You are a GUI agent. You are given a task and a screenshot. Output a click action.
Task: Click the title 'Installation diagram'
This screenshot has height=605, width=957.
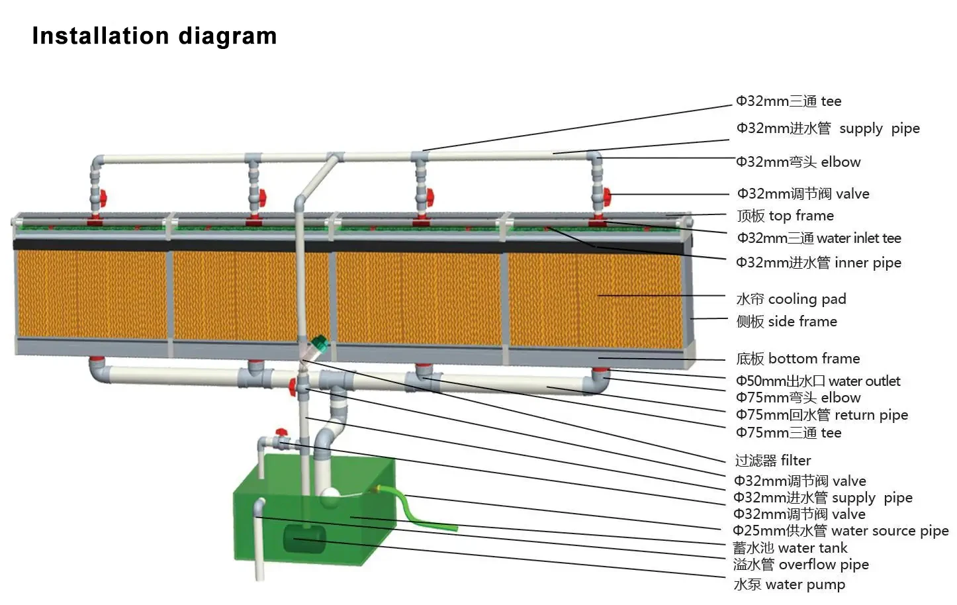pyautogui.click(x=154, y=36)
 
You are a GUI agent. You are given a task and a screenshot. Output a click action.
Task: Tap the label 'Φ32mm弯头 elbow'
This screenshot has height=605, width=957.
pyautogui.click(x=798, y=162)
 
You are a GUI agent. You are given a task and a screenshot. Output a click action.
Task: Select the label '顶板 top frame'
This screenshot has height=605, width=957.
pyautogui.click(x=785, y=216)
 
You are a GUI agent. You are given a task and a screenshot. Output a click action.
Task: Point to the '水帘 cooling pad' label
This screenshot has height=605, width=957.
pyautogui.click(x=791, y=299)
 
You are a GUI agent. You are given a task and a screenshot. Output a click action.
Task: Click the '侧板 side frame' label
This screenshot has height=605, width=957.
pyautogui.click(x=786, y=322)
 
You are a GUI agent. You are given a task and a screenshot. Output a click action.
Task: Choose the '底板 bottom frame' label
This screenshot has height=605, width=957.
pyautogui.click(x=797, y=359)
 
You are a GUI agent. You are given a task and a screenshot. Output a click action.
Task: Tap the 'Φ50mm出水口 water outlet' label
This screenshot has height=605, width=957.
pyautogui.click(x=818, y=381)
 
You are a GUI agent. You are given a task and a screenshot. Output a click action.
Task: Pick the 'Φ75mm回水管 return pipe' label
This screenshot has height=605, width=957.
pyautogui.click(x=821, y=415)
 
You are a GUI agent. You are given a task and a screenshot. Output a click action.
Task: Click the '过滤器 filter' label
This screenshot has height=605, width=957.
pyautogui.click(x=772, y=461)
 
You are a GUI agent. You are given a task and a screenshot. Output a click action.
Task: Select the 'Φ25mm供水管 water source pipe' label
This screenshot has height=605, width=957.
pyautogui.click(x=841, y=531)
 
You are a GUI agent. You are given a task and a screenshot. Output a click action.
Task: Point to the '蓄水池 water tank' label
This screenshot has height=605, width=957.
pyautogui.click(x=790, y=548)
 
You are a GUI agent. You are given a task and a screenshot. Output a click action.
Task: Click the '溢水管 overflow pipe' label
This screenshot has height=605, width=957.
pyautogui.click(x=801, y=565)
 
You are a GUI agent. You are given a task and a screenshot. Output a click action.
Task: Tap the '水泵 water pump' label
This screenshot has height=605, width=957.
pyautogui.click(x=789, y=584)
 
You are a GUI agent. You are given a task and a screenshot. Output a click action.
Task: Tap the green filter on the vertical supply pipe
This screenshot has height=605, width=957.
pyautogui.click(x=319, y=344)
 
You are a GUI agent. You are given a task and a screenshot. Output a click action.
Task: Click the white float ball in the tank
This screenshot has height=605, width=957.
pyautogui.click(x=329, y=494)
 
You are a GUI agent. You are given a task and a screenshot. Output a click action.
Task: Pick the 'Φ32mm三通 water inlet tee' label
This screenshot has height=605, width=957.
pyautogui.click(x=819, y=238)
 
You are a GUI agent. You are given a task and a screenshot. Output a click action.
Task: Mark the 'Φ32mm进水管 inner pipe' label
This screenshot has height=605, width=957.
pyautogui.click(x=818, y=263)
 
